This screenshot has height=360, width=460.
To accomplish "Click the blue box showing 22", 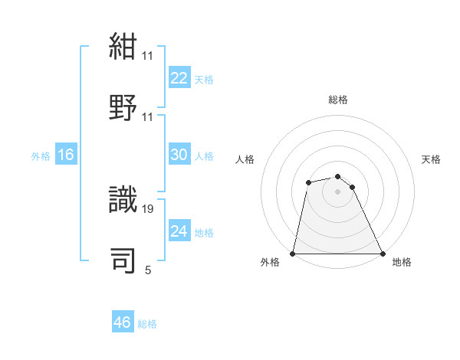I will tap(179, 78).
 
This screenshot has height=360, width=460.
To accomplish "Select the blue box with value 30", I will tap(179, 155).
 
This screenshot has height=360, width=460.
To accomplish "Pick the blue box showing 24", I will tap(179, 231).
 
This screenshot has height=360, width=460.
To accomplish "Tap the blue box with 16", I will tap(66, 155).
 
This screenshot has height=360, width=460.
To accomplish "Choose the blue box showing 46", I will tap(123, 322).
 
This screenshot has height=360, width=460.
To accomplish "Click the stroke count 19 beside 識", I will tap(148, 208).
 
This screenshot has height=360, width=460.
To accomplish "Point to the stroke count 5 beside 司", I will tap(148, 270).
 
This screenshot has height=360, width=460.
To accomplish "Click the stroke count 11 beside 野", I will tap(148, 117).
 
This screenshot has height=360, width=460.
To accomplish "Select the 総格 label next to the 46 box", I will tap(147, 324).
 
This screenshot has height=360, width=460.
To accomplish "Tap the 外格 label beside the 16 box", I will tap(41, 156).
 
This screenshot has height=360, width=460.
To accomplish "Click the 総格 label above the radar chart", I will tap(338, 100).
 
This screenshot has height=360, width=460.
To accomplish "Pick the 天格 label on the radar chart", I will tap(432, 159).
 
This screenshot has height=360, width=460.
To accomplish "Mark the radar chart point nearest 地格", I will tap(382, 253).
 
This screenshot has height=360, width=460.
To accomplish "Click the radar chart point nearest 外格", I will tap(293, 253).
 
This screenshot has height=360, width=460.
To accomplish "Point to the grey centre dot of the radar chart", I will tap(337, 191).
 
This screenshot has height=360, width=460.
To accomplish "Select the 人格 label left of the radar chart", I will tap(245, 159).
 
